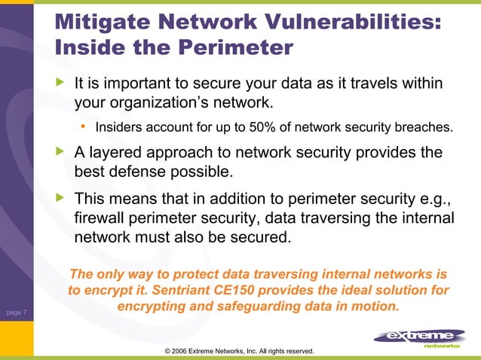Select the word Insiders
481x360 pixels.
tap(119, 127)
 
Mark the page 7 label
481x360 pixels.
tap(15, 311)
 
